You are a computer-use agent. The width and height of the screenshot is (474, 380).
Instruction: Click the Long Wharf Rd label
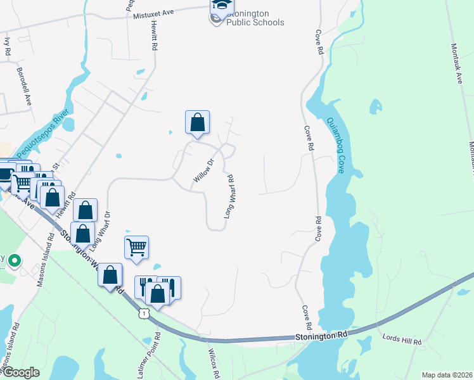[x=229, y=197]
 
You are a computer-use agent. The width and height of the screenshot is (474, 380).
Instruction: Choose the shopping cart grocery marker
[x=136, y=248]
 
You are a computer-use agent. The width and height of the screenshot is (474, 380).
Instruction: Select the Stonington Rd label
[x=322, y=338]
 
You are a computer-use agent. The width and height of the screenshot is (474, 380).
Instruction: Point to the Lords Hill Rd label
[x=402, y=339]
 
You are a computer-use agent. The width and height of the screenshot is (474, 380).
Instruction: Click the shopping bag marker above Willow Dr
[x=197, y=122]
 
